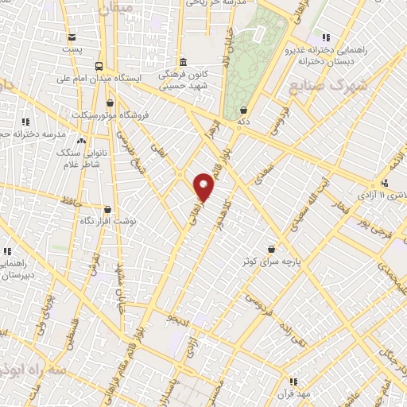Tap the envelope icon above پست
(72, 37)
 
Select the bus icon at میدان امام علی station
(99, 66)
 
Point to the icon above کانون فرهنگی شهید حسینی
(183, 62)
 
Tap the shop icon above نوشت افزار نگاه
(107, 210)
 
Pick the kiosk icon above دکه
(242, 111)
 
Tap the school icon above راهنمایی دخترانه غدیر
(325, 37)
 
